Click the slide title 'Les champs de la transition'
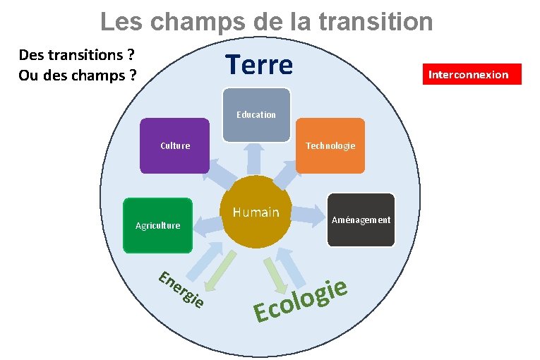point(266,21)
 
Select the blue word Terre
point(259,65)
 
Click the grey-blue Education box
point(256,114)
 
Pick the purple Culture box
point(174,146)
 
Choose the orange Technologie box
point(330,146)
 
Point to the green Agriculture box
point(157,225)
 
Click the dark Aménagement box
point(361,220)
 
